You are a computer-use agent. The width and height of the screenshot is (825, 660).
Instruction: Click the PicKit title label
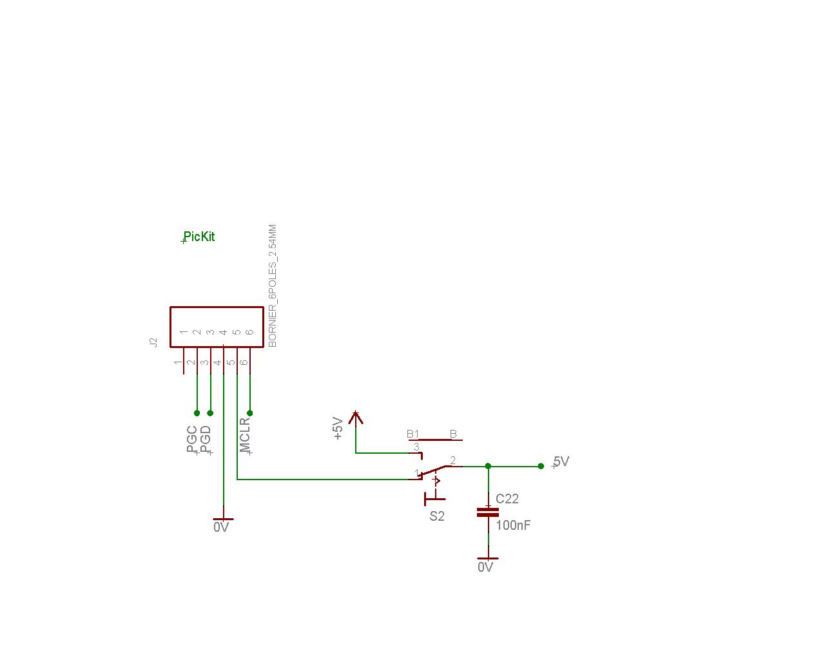[199, 237]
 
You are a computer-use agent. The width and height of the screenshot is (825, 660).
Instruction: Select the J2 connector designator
[153, 342]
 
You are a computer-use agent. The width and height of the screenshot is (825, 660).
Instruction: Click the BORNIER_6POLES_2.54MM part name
[273, 286]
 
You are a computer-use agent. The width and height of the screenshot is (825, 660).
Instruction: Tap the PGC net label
[191, 439]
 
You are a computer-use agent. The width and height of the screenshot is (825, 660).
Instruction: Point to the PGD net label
[205, 439]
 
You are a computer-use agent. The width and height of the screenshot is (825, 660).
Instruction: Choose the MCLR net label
[245, 435]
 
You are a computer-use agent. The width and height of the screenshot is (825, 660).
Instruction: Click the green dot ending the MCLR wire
[250, 413]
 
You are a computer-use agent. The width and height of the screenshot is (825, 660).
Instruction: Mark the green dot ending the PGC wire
[197, 413]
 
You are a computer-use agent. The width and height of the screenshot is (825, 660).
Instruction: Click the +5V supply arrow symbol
[355, 418]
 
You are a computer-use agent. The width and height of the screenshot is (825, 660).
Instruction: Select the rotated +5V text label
[338, 428]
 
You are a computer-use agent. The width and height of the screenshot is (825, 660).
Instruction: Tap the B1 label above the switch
[413, 434]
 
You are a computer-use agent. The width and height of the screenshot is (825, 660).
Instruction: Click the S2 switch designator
[437, 516]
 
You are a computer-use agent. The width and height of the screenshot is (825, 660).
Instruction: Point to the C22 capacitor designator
[507, 499]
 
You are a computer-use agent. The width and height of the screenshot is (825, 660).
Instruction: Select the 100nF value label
[513, 525]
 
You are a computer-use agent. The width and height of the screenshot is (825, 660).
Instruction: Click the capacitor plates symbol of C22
[488, 512]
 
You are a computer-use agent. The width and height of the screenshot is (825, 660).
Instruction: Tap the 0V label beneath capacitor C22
[485, 567]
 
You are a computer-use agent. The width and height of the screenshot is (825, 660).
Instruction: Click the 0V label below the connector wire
[221, 527]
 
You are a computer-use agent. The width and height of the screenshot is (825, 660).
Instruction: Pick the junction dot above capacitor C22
[488, 466]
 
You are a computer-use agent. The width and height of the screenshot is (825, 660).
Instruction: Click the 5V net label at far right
[561, 461]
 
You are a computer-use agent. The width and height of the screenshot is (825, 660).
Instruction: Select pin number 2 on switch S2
[453, 460]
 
